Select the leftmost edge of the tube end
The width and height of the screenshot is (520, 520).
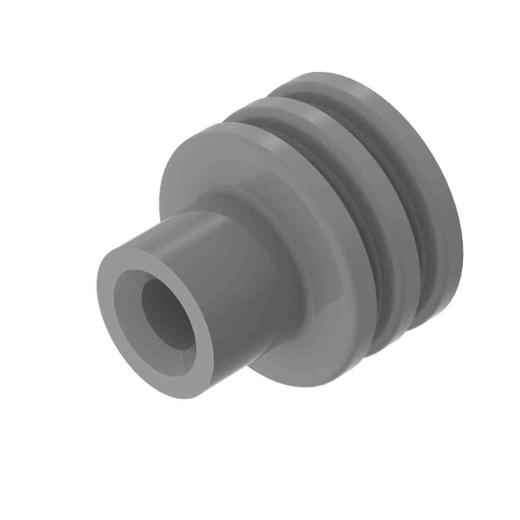[x=97, y=297]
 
